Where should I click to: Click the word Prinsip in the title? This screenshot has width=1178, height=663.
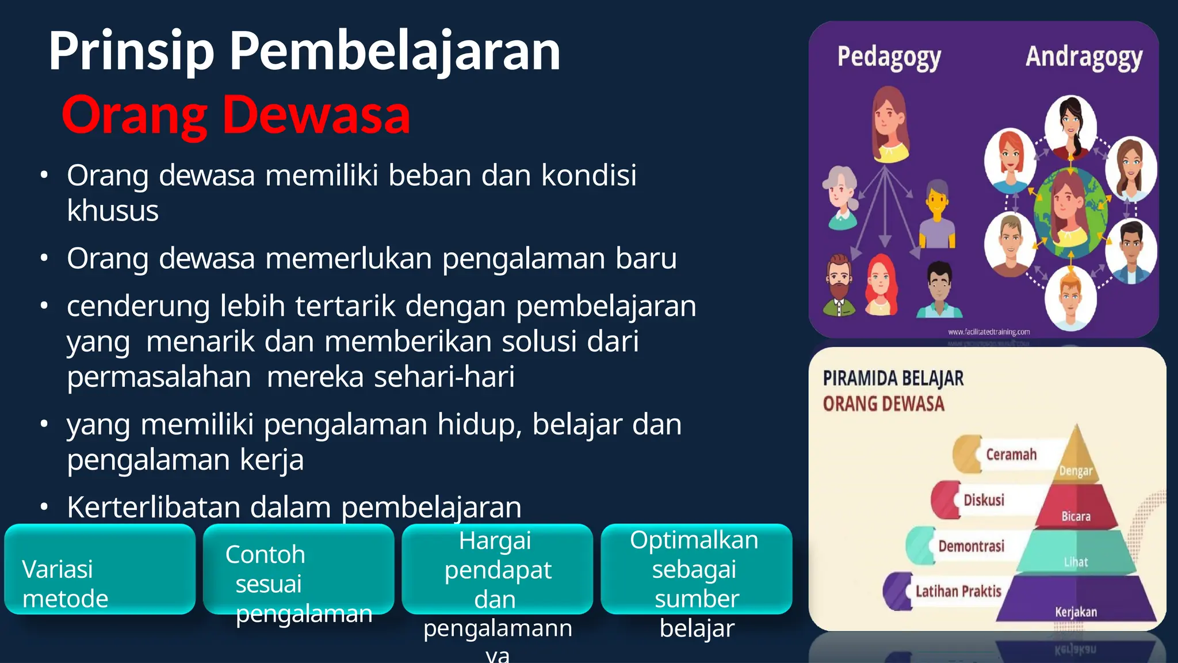tap(131, 52)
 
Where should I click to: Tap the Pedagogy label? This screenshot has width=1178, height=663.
tap(889, 58)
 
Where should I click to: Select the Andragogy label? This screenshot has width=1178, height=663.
tap(1084, 58)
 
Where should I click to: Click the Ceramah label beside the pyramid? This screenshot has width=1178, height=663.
tap(1011, 455)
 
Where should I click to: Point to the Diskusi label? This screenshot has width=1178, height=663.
tap(984, 500)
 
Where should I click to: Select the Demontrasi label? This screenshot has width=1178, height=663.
tap(971, 546)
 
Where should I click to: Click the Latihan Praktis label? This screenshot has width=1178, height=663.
tap(958, 591)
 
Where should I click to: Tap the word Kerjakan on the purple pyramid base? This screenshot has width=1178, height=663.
tap(1076, 612)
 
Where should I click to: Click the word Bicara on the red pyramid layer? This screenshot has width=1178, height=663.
tap(1076, 516)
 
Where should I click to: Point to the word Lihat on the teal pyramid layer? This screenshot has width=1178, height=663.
tap(1076, 562)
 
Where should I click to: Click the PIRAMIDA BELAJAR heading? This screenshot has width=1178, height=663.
tap(893, 379)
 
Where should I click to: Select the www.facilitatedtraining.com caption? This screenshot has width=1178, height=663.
tap(989, 332)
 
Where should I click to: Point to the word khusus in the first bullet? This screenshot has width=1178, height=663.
tap(113, 211)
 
